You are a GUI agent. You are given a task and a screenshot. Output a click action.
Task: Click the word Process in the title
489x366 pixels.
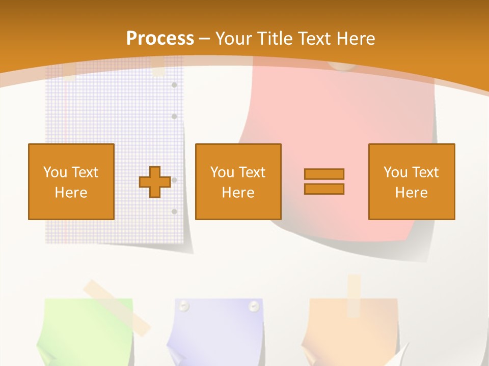coord(160,38)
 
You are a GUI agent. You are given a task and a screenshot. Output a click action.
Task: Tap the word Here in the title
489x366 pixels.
coord(357,39)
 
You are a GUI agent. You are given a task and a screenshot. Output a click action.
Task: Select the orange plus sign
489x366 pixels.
coord(155,182)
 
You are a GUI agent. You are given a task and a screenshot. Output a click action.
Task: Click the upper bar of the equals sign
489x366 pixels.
coord(324,174)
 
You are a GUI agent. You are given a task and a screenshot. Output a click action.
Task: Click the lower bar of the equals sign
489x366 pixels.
coord(324,189)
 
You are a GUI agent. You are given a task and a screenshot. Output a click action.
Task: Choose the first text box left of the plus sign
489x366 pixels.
coord(71,181)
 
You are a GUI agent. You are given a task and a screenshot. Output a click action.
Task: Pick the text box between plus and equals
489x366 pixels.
coord(238,181)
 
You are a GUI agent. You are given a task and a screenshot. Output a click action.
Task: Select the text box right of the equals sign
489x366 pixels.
coord(411,181)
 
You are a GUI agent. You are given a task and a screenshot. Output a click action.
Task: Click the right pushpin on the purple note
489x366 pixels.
coord(253,306)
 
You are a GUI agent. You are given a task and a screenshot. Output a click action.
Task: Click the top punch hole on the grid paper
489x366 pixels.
coord(174,84)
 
